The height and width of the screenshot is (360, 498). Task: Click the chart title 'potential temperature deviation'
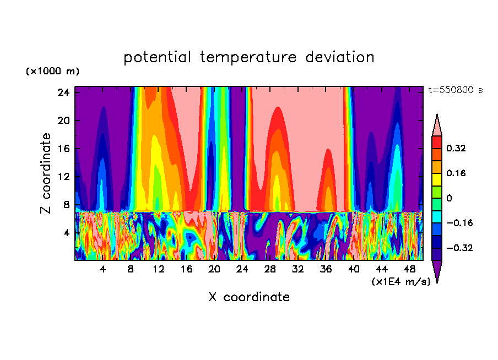pyautogui.click(x=248, y=57)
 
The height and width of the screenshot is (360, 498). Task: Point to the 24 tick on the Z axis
pyautogui.click(x=64, y=92)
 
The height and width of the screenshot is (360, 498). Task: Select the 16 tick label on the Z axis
pyautogui.click(x=64, y=149)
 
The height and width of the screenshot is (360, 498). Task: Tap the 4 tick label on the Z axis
pyautogui.click(x=67, y=233)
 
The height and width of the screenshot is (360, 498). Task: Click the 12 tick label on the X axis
pyautogui.click(x=159, y=270)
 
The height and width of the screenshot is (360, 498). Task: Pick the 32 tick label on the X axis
pyautogui.click(x=298, y=270)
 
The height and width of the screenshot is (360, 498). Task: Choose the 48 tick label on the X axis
pyautogui.click(x=409, y=270)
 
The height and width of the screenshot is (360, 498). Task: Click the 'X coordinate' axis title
pyautogui.click(x=248, y=297)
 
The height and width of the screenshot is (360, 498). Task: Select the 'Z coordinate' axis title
pyautogui.click(x=46, y=173)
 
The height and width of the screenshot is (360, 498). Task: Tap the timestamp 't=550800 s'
pyautogui.click(x=455, y=90)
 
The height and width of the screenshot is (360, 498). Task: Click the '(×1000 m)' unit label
pyautogui.click(x=52, y=72)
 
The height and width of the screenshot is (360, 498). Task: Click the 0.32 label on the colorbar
pyautogui.click(x=456, y=148)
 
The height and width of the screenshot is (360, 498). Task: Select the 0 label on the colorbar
pyautogui.click(x=449, y=198)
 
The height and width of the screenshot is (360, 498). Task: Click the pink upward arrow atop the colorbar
pyautogui.click(x=437, y=125)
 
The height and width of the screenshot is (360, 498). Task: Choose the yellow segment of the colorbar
pyautogui.click(x=437, y=179)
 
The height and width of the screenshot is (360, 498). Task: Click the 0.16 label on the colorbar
pyautogui.click(x=456, y=173)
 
